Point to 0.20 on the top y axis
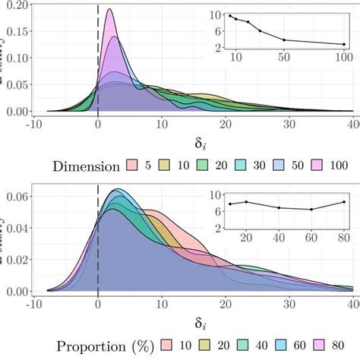coord(16,5)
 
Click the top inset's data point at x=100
coord(343,44)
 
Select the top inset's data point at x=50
coord(284,39)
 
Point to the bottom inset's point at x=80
coord(343,202)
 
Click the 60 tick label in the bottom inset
coord(311,237)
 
